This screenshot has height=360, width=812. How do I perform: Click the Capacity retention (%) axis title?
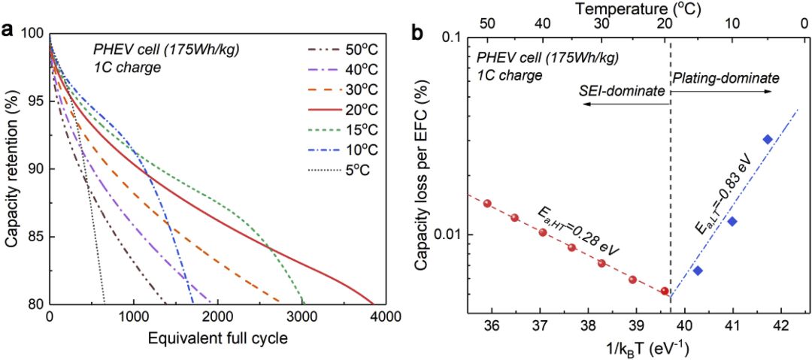tap(12, 168)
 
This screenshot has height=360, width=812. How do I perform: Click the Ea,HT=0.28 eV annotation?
tap(580, 230)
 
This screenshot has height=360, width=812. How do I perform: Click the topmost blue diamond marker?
tap(768, 139)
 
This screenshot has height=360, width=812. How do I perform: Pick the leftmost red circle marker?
tap(487, 203)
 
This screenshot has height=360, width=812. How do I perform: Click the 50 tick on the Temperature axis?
tap(487, 23)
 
